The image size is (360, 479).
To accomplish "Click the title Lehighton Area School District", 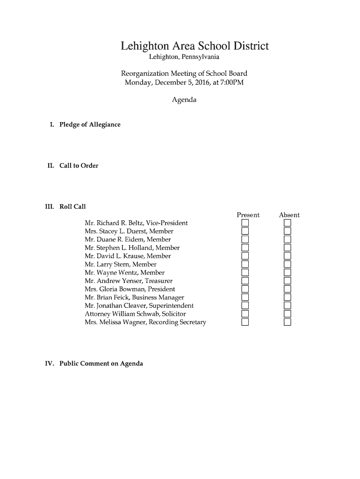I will pyautogui.click(x=194, y=46).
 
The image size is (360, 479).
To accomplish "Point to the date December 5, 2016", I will pyautogui.click(x=180, y=83).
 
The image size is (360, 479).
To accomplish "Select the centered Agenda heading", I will pyautogui.click(x=184, y=100).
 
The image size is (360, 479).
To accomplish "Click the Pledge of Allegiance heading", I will pyautogui.click(x=90, y=124).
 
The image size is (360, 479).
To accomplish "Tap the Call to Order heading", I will pyautogui.click(x=79, y=166).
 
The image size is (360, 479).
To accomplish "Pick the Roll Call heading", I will pyautogui.click(x=72, y=206).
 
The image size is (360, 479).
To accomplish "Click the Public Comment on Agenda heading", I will pyautogui.click(x=101, y=363).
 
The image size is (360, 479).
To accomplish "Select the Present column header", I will pyautogui.click(x=248, y=215).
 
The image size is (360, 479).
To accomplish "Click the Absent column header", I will pyautogui.click(x=289, y=215).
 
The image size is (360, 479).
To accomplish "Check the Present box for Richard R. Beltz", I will pyautogui.click(x=245, y=223).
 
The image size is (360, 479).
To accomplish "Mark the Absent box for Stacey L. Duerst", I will pyautogui.click(x=287, y=231).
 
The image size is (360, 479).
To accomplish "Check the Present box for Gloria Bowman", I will pyautogui.click(x=245, y=289).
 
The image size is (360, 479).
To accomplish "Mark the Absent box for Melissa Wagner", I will pyautogui.click(x=287, y=322).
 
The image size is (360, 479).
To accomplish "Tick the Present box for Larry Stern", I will pyautogui.click(x=245, y=264).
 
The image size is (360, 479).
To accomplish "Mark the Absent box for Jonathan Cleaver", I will pyautogui.click(x=287, y=305).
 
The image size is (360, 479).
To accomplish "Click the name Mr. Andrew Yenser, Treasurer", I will pyautogui.click(x=129, y=281).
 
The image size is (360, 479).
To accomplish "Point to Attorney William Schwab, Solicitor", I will pyautogui.click(x=135, y=314).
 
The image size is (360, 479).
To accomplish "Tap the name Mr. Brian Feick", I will pyautogui.click(x=107, y=298).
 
